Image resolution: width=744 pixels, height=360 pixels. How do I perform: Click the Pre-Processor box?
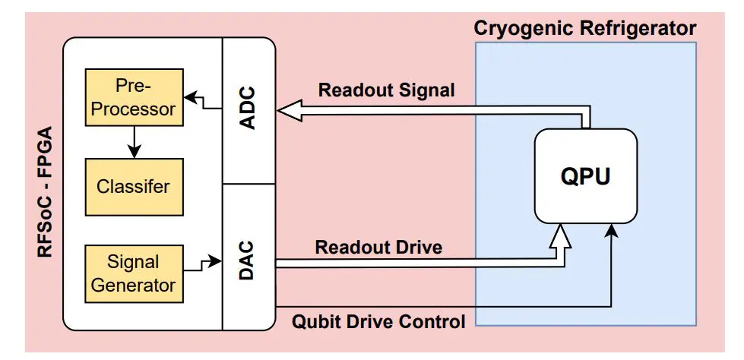[x=134, y=96]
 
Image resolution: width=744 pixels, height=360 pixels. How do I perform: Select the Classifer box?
[x=134, y=186]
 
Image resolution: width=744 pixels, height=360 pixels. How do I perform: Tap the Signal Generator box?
[x=134, y=273]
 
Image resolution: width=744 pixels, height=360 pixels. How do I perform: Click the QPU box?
[x=585, y=176]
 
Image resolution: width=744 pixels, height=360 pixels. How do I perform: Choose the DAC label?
[x=248, y=261]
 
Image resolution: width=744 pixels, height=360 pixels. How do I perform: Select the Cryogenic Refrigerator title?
[x=584, y=29]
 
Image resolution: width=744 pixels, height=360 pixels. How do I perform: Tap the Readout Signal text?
[x=386, y=90]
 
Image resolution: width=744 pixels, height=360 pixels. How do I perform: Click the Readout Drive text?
[x=378, y=247]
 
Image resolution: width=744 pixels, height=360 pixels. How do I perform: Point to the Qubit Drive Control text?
[x=378, y=322]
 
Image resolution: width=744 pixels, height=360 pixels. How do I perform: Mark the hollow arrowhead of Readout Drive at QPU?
[x=560, y=238]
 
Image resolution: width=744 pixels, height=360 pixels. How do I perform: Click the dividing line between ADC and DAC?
[x=248, y=184]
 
